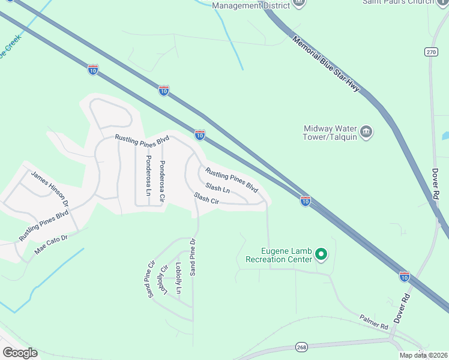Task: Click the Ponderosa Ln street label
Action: pyautogui.click(x=148, y=175)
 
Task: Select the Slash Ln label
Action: pyautogui.click(x=217, y=188)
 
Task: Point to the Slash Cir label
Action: pyautogui.click(x=206, y=198)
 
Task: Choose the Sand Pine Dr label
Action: pyautogui.click(x=193, y=257)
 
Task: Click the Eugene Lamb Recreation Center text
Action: pyautogui.click(x=279, y=255)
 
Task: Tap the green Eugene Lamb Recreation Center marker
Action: pyautogui.click(x=321, y=254)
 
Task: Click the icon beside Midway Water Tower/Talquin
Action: pyautogui.click(x=366, y=130)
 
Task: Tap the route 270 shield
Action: pyautogui.click(x=430, y=52)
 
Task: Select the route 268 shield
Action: pyautogui.click(x=301, y=347)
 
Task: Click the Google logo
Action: pyautogui.click(x=20, y=353)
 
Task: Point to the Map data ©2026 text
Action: pyautogui.click(x=423, y=355)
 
